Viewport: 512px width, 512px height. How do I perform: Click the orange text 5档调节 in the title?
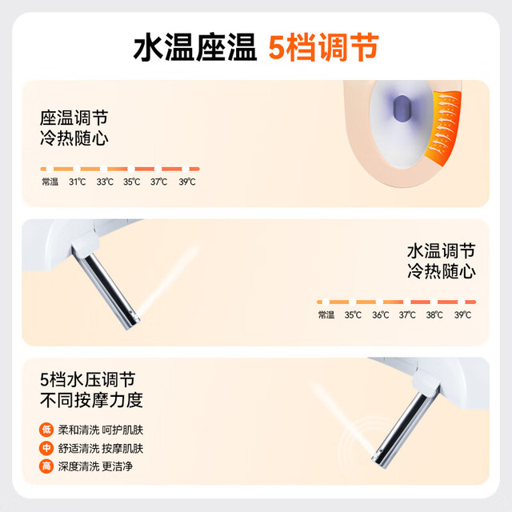point(323,47)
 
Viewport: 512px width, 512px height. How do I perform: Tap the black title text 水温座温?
point(195,47)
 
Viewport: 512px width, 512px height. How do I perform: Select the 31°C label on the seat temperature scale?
point(78,182)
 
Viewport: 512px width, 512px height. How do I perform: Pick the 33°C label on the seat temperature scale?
point(105,182)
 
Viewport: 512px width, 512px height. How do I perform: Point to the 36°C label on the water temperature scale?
point(381,315)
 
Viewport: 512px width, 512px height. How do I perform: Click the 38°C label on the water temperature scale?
point(434,315)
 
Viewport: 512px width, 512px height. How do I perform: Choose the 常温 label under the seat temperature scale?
point(50,182)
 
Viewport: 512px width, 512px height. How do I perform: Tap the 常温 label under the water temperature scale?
point(326,315)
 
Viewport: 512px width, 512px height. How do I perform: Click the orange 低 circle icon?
point(46,430)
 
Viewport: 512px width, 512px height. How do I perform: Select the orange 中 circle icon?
point(46,448)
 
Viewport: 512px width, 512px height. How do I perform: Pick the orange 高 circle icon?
point(46,466)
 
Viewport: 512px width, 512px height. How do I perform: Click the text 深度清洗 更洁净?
point(95,466)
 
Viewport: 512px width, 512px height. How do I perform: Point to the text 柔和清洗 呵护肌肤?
point(101,430)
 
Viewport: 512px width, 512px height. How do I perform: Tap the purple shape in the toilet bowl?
point(402,109)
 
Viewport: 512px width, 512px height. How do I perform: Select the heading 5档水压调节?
point(87,379)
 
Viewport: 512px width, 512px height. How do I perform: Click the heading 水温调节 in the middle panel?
point(441,251)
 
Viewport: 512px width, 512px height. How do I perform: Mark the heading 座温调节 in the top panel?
point(74,118)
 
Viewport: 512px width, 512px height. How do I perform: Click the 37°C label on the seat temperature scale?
point(158,182)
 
